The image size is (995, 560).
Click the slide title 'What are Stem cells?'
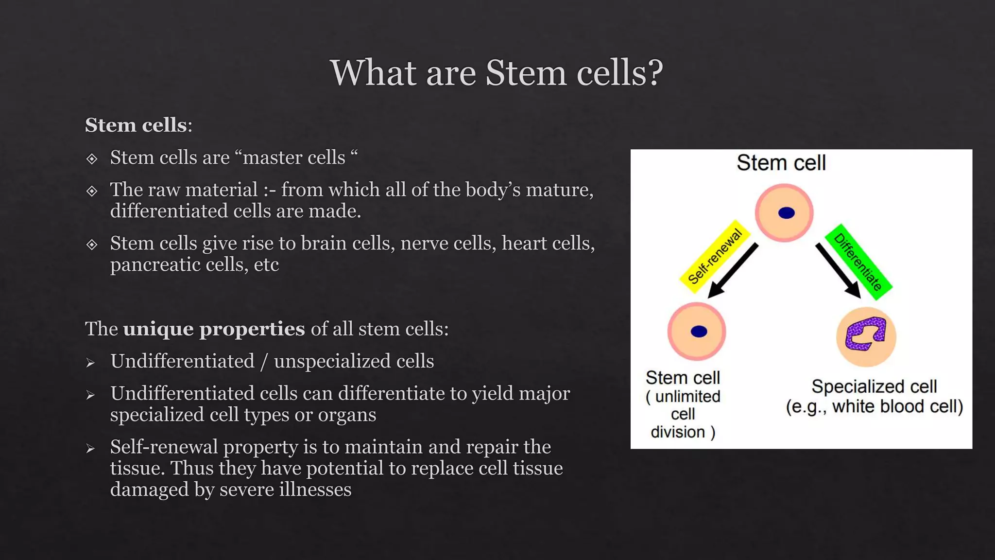497,73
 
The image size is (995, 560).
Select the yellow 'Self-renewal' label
715,256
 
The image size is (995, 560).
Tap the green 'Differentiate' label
858,262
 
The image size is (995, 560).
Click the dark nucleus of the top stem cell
786,213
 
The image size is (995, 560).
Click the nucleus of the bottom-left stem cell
699,332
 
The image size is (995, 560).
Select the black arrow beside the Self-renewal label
733,271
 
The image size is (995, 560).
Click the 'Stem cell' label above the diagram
781,163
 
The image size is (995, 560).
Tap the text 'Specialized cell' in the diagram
874,386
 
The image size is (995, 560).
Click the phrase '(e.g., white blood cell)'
874,406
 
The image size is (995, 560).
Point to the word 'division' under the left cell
677,432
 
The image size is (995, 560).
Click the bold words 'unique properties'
214,329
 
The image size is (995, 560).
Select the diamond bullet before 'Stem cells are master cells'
92,158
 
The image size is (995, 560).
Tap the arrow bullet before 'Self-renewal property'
90,448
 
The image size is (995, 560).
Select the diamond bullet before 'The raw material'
92,191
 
